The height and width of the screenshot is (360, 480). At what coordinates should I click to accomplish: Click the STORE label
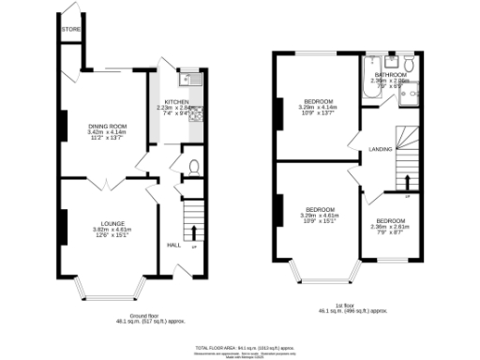pyautogui.click(x=71, y=30)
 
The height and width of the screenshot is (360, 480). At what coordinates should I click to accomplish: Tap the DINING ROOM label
pyautogui.click(x=107, y=126)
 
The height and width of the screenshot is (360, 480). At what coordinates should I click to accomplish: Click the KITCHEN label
pyautogui.click(x=177, y=101)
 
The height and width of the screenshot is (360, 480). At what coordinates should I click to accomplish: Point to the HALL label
pyautogui.click(x=173, y=246)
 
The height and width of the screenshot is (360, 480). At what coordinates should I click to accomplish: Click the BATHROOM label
pyautogui.click(x=389, y=74)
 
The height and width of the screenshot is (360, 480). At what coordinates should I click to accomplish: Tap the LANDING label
pyautogui.click(x=381, y=149)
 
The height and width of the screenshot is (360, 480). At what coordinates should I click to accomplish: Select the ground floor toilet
pyautogui.click(x=192, y=168)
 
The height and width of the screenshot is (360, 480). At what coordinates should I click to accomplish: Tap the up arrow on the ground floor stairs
pyautogui.click(x=194, y=231)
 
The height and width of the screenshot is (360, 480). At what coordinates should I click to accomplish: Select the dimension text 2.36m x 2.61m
pyautogui.click(x=390, y=226)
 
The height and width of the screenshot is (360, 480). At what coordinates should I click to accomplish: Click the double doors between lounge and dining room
pyautogui.click(x=107, y=180)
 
